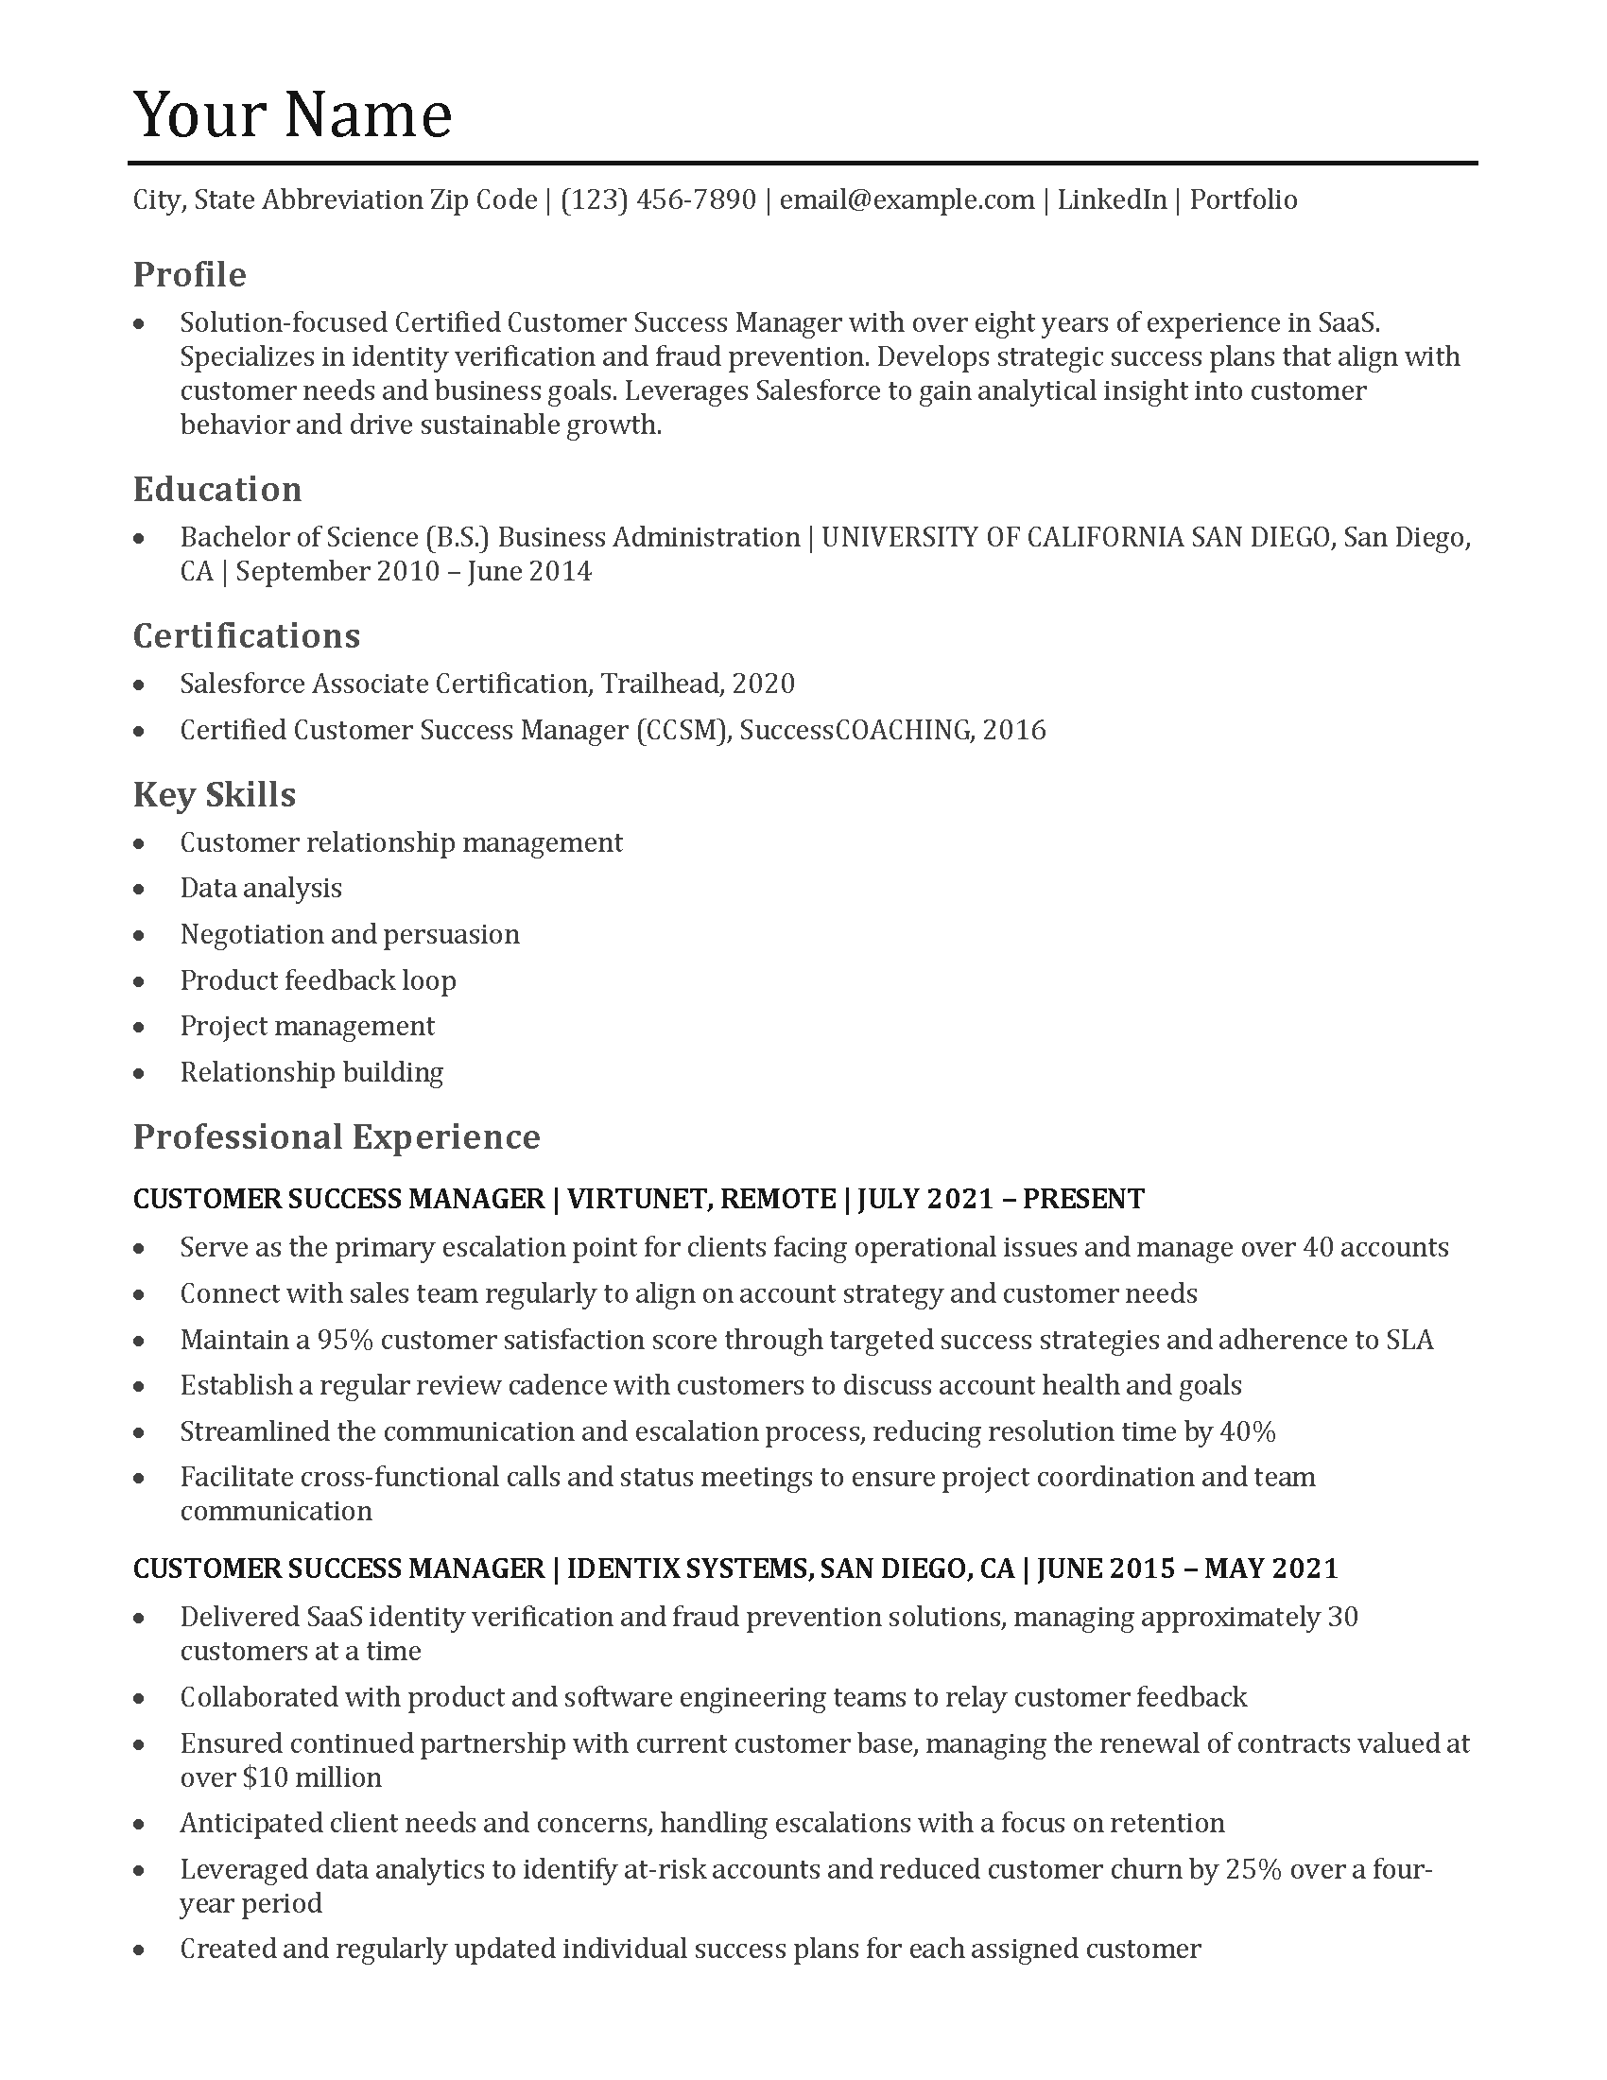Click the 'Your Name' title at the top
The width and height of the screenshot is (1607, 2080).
point(292,114)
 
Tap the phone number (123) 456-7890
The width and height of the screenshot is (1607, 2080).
point(658,200)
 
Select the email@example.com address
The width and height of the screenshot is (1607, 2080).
point(907,200)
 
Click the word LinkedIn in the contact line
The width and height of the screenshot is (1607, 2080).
point(1111,200)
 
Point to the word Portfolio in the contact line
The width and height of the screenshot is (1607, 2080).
point(1243,200)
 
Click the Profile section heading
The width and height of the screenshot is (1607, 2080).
point(189,274)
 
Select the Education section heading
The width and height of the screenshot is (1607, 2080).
point(217,489)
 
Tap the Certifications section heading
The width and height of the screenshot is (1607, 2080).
point(247,635)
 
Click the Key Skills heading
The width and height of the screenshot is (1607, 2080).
point(215,794)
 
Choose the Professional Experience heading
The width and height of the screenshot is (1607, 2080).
point(337,1136)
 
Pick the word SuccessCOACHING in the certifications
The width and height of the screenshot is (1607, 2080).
point(855,731)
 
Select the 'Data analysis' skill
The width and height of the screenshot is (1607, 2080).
point(261,889)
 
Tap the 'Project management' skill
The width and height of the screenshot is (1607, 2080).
point(306,1026)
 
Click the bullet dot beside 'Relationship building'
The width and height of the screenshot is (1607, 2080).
point(140,1073)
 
